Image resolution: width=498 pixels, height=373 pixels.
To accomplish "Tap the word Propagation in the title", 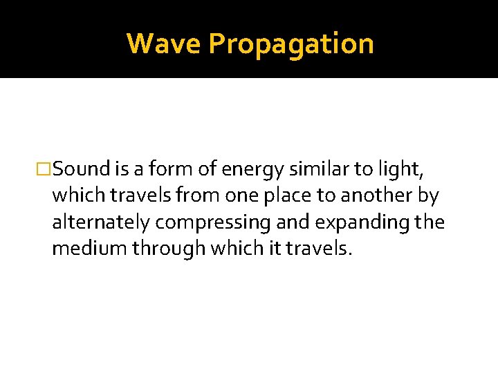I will click(x=290, y=44).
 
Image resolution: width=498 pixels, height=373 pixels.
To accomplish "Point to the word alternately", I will click(x=101, y=222).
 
